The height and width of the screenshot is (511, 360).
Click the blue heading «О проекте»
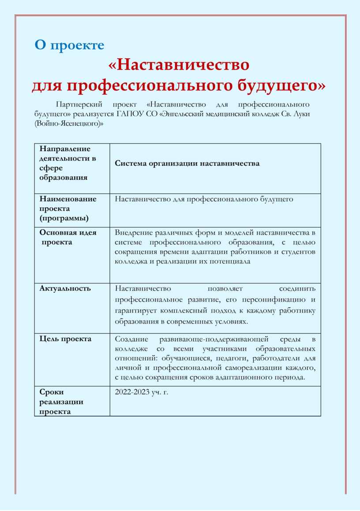(x=69, y=45)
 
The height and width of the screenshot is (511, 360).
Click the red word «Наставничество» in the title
(x=179, y=65)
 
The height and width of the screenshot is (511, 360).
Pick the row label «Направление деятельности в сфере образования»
(x=67, y=163)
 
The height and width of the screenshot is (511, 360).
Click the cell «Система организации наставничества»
(x=187, y=164)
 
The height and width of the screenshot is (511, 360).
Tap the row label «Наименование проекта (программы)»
(x=68, y=209)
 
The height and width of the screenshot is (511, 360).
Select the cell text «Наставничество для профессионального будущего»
(x=204, y=199)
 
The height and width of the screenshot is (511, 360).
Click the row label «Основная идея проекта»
(x=68, y=237)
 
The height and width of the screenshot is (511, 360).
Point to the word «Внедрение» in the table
(x=131, y=232)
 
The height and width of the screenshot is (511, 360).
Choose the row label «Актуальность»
(x=65, y=288)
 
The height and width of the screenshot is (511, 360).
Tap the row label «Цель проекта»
(x=65, y=339)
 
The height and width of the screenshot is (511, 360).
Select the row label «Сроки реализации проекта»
(x=61, y=401)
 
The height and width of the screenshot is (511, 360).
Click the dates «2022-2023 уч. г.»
(x=141, y=392)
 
